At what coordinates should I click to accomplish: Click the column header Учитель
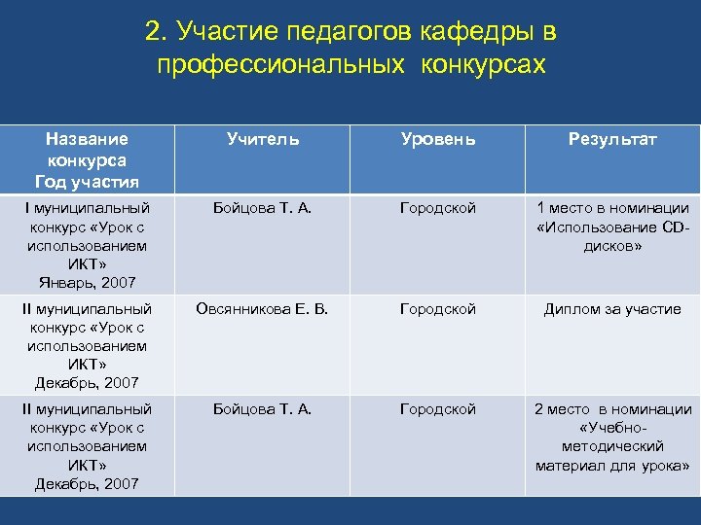[x=262, y=139]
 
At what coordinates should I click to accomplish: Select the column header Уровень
[x=438, y=139]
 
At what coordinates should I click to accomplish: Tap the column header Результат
[x=612, y=139]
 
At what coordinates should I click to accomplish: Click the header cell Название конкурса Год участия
[x=87, y=159]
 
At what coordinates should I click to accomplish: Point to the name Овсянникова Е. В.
[x=262, y=309]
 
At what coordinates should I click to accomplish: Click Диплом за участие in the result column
[x=612, y=309]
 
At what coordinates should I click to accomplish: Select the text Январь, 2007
[x=87, y=283]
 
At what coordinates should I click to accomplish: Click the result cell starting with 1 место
[x=612, y=226]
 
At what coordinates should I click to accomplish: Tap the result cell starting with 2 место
[x=612, y=446]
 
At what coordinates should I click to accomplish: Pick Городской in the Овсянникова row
[x=438, y=309]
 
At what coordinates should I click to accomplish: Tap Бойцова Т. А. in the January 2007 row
[x=262, y=208]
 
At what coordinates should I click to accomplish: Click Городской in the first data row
[x=438, y=208]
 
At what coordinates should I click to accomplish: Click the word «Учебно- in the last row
[x=612, y=428]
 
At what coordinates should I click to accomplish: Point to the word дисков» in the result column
[x=612, y=246]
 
